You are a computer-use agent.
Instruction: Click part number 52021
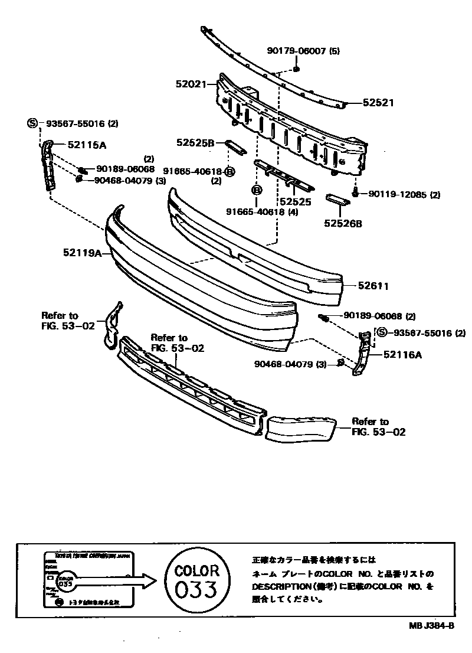190,84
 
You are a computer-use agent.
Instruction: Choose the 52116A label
402,354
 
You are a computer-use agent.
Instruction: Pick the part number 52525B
194,142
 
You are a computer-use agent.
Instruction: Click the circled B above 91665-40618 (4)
257,190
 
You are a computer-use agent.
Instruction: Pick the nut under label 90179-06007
297,70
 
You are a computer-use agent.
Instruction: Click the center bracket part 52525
283,175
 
